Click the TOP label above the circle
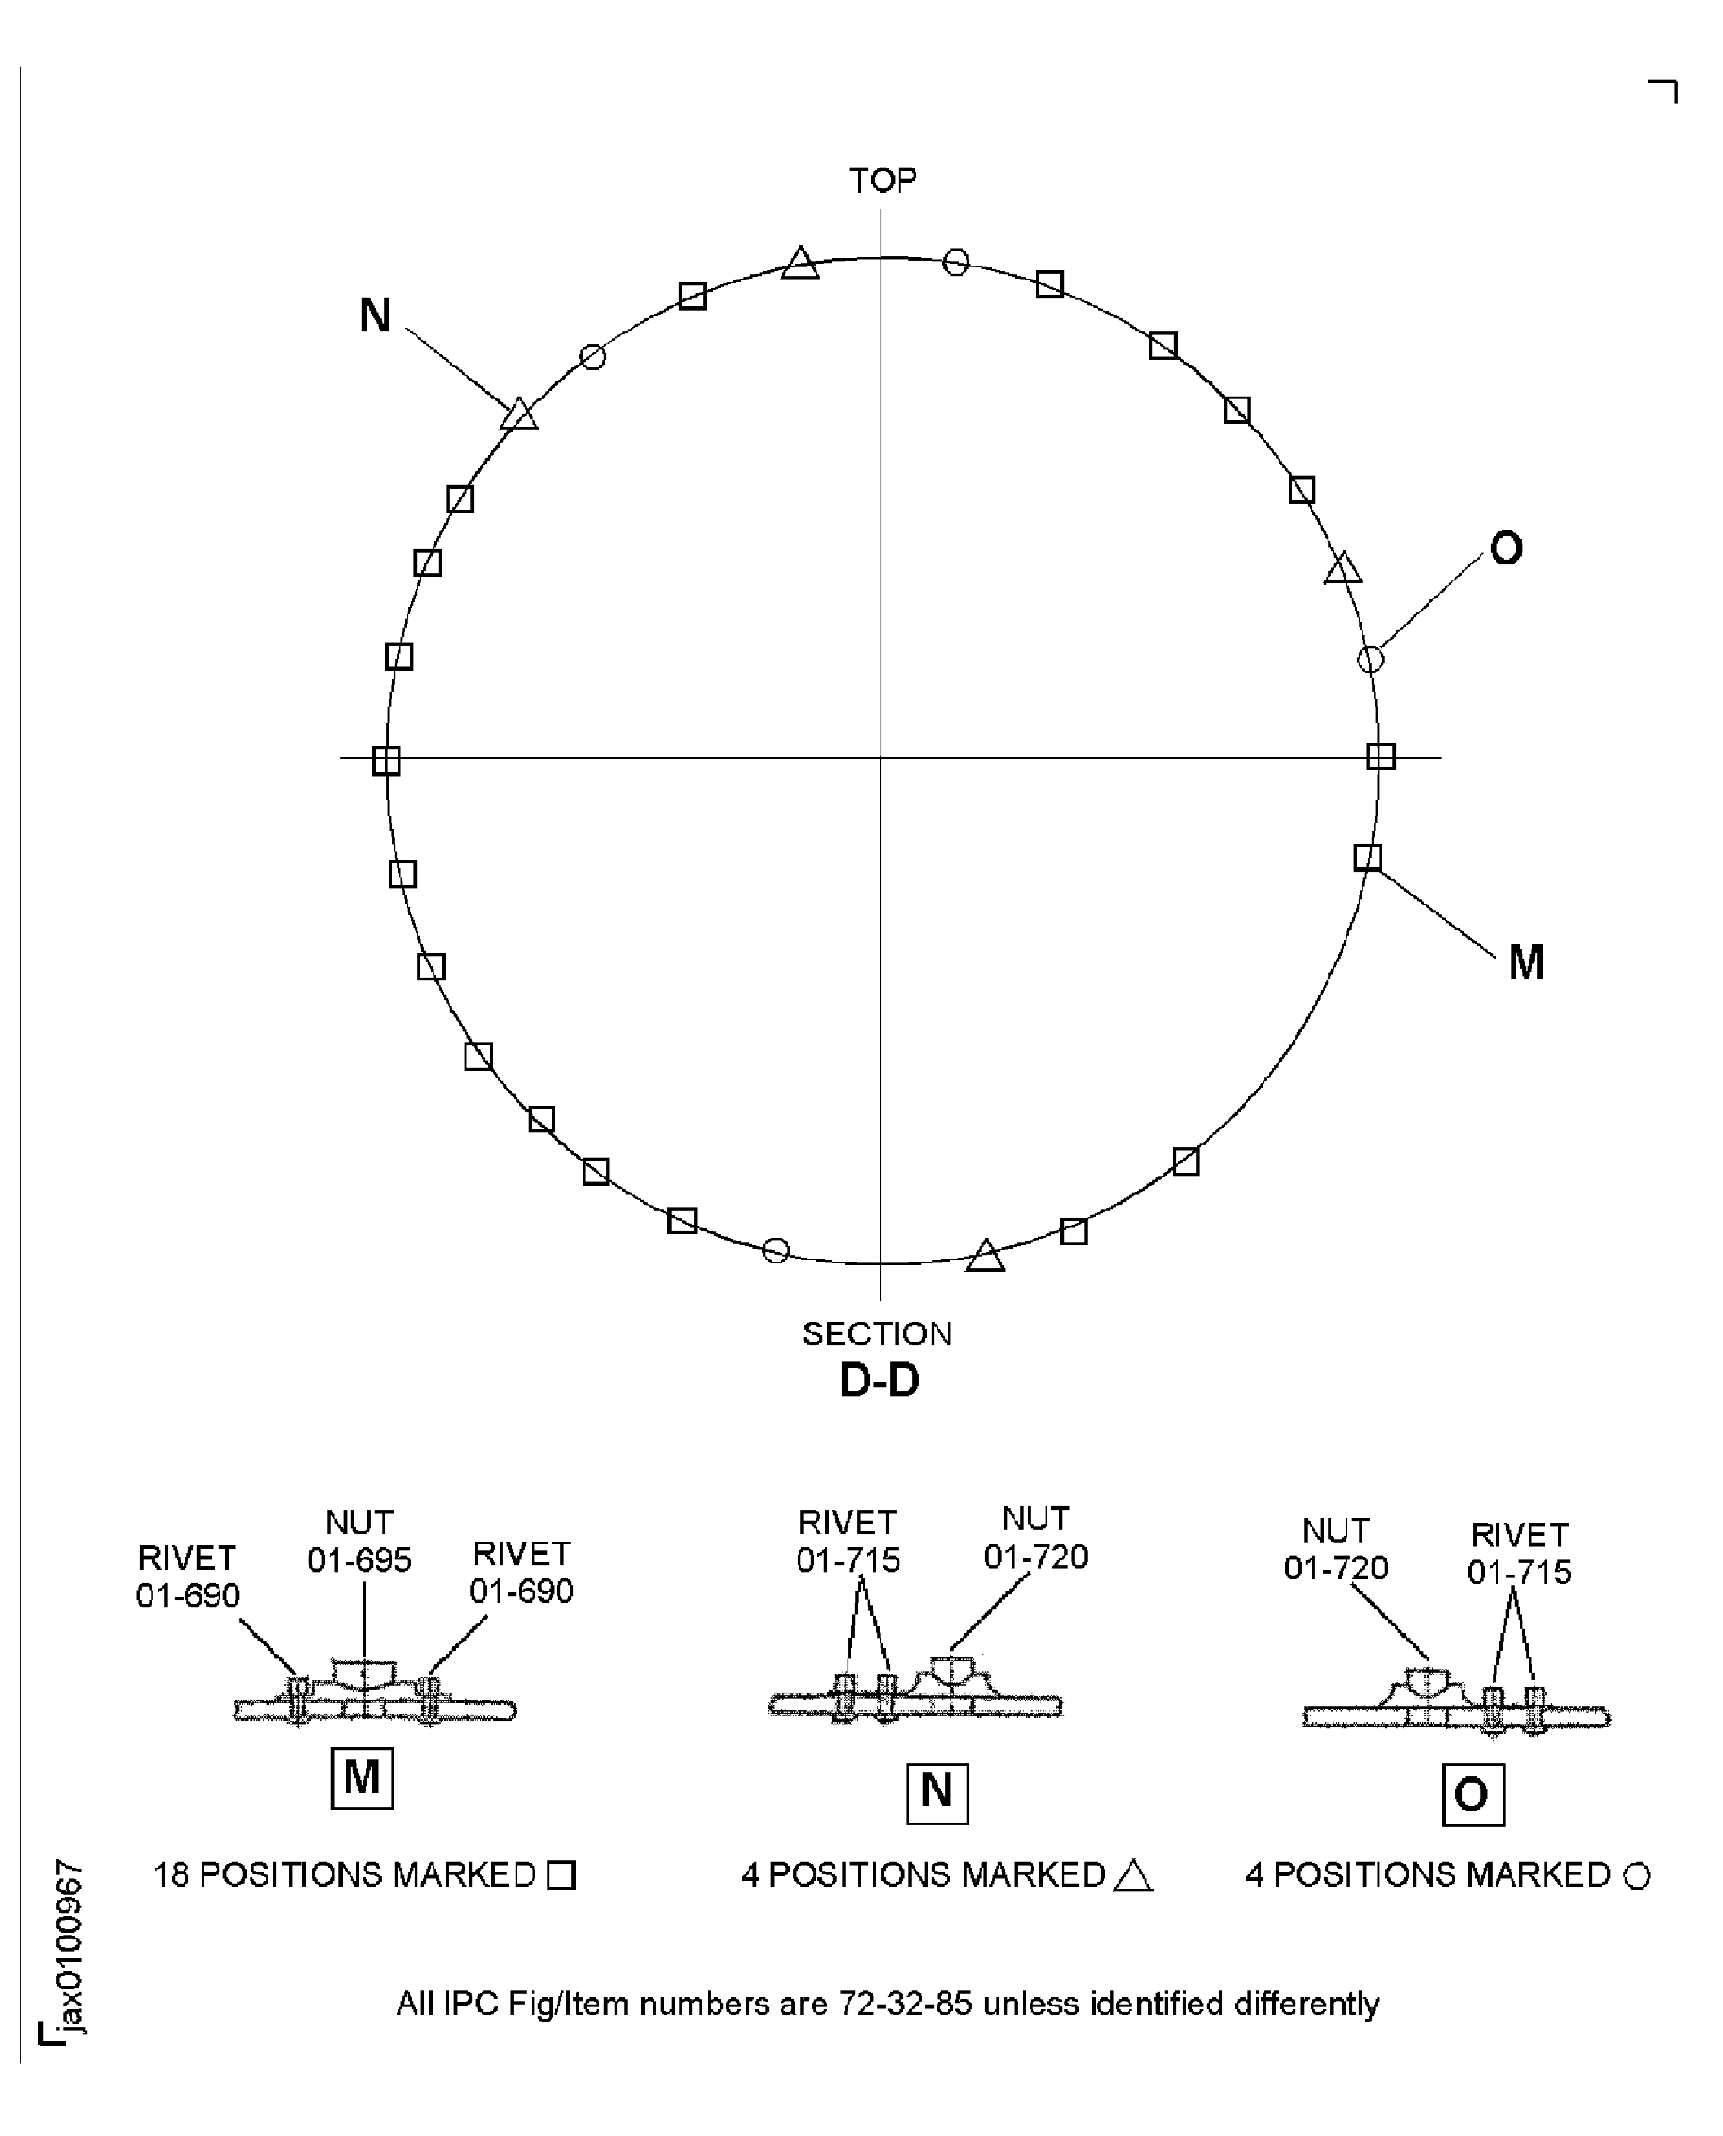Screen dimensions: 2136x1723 (x=883, y=180)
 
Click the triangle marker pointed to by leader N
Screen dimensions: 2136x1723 (x=518, y=415)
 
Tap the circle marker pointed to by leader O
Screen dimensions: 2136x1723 (x=1370, y=658)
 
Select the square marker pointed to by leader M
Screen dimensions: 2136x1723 (x=1366, y=857)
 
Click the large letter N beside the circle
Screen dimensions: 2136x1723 (x=374, y=316)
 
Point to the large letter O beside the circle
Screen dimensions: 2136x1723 (x=1506, y=548)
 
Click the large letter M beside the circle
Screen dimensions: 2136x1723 (x=1526, y=962)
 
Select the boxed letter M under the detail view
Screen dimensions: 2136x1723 (x=361, y=1777)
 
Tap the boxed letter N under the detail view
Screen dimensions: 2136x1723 (x=937, y=1792)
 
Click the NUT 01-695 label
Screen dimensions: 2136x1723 (x=359, y=1541)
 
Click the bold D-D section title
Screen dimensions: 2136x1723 (x=879, y=1380)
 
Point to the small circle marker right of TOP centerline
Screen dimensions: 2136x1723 (x=955, y=262)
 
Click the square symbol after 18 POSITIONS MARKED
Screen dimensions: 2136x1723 (x=562, y=1876)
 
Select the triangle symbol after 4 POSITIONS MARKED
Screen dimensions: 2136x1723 (x=1132, y=1876)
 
